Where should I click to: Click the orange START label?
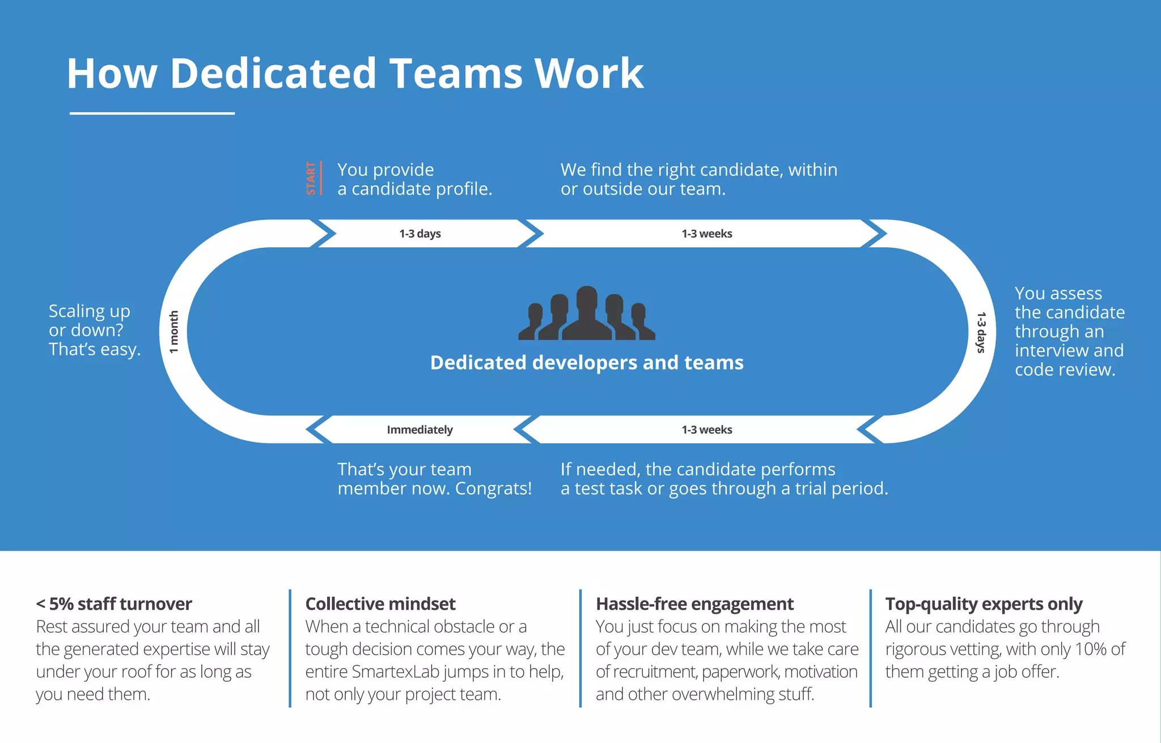[311, 178]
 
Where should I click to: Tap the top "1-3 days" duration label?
[420, 234]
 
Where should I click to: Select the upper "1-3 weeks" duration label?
[706, 234]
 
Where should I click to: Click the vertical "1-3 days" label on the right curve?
[981, 332]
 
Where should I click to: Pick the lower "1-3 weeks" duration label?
[706, 430]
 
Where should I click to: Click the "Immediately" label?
[420, 430]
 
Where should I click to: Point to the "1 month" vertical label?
[174, 332]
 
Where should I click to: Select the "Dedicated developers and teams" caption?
[587, 362]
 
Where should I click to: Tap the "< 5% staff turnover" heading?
[114, 604]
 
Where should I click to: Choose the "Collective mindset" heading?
[380, 604]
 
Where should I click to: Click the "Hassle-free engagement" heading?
[694, 604]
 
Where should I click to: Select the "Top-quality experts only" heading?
[984, 604]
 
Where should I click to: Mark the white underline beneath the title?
[152, 113]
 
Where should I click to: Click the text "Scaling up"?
[90, 311]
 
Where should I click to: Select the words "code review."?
[1065, 370]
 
